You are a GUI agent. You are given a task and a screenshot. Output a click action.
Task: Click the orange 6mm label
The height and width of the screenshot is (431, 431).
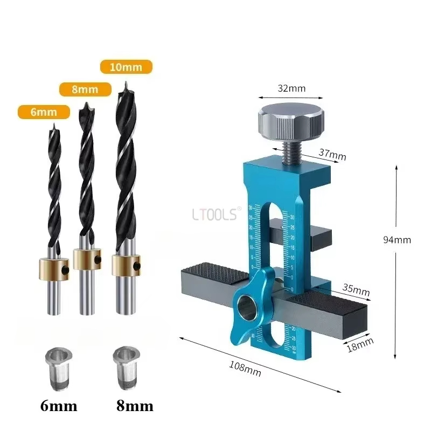coord(44,112)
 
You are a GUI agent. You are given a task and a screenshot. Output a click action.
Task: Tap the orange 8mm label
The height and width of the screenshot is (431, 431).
coord(85,89)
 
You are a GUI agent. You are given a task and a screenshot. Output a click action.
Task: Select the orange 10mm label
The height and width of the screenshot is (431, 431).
coord(127,67)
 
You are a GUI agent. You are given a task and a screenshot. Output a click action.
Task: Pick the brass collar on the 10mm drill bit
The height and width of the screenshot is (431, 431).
coord(126,263)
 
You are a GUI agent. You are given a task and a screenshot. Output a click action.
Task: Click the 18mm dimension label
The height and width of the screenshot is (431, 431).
coord(359,342)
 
